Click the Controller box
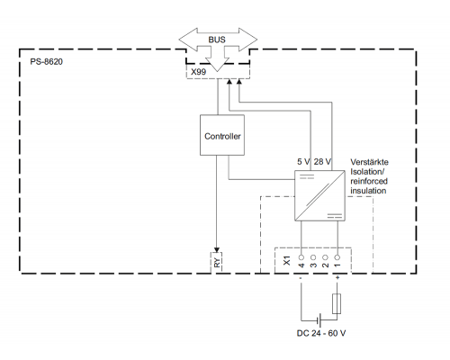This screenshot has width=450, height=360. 222,135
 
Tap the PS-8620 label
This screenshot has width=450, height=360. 47,62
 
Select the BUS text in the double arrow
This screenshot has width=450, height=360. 217,40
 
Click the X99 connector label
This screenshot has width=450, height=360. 199,72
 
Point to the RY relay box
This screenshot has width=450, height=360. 217,263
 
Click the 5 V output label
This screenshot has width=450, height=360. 303,162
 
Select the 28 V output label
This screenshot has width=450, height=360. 322,162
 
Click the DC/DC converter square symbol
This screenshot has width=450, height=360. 319,195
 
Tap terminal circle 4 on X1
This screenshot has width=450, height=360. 301,257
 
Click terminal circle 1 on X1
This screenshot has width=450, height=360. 337,257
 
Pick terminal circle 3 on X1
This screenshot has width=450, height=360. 313,257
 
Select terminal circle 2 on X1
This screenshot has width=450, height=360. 325,257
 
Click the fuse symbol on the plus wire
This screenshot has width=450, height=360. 337,304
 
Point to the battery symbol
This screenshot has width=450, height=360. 319,320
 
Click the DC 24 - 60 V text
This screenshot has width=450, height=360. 321,333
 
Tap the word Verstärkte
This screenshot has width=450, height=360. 369,162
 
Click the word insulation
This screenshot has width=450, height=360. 368,191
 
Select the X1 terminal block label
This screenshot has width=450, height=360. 287,260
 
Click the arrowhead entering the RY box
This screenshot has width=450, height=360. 217,250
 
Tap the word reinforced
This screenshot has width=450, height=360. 369,181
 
